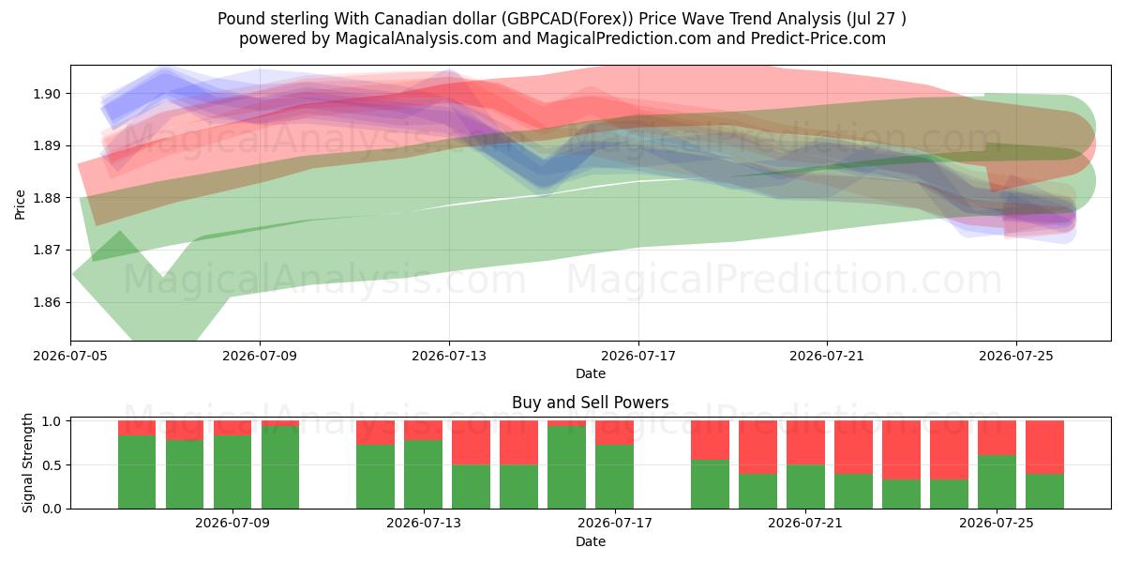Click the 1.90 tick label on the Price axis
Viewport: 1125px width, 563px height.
point(47,94)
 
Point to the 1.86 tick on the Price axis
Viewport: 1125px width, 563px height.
point(47,302)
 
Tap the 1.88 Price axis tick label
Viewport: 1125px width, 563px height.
point(47,198)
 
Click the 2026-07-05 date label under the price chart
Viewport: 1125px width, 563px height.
point(70,356)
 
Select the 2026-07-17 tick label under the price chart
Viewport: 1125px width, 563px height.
point(638,356)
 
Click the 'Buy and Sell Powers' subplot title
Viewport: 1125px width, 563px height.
point(590,403)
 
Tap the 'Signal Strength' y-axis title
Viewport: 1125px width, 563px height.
point(27,463)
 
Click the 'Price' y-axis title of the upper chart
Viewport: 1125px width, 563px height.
point(20,205)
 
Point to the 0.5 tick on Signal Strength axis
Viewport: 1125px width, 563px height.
point(52,465)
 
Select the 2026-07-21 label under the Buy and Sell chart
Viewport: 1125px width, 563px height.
point(805,524)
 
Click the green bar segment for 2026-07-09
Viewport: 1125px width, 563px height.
point(232,472)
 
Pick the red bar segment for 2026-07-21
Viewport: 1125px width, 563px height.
point(805,443)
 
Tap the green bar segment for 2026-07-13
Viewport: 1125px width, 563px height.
point(424,475)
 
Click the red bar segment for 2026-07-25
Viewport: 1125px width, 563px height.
point(997,438)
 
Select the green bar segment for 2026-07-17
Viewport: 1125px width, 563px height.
point(614,477)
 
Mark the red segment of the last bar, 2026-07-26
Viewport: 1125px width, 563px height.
point(1044,448)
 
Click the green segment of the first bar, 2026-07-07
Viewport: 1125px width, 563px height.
point(137,472)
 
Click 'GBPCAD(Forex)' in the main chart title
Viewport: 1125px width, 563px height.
point(567,19)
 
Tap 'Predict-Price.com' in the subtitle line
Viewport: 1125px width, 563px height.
point(818,38)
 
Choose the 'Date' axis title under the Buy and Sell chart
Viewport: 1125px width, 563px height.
point(590,541)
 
